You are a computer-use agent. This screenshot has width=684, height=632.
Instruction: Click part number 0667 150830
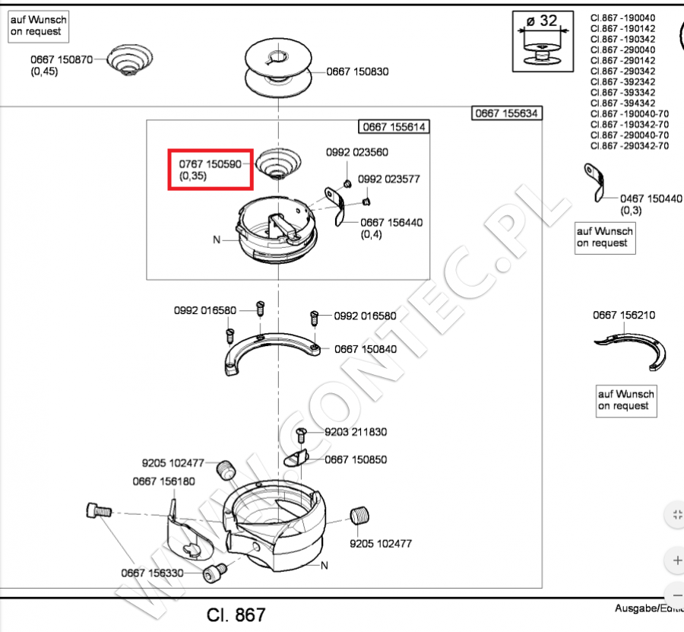tap(357, 71)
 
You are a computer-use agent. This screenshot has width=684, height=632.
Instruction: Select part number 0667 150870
tap(62, 59)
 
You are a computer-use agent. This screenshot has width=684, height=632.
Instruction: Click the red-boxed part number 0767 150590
tap(210, 164)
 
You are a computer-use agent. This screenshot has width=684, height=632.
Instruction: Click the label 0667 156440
tap(391, 223)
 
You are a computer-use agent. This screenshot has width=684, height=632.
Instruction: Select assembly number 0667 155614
tap(394, 127)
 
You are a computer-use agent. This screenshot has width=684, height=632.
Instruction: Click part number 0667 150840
tap(366, 349)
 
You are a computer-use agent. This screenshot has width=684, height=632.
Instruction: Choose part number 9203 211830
tap(356, 432)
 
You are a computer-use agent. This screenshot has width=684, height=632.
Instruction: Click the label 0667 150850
tap(356, 459)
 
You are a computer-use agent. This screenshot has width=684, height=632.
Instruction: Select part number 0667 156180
tap(163, 481)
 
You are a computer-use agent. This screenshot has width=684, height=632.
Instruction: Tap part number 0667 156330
tap(152, 573)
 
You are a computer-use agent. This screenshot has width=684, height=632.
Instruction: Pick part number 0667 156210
tap(624, 315)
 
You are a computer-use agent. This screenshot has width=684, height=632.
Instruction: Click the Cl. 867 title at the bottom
tap(236, 614)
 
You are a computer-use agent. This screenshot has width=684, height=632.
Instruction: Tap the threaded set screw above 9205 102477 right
tap(359, 516)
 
